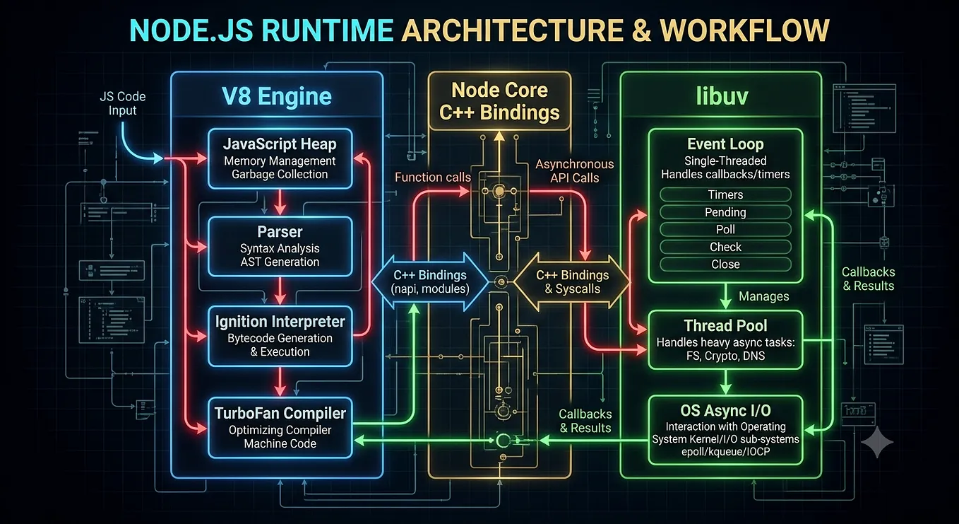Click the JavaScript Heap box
tap(280, 158)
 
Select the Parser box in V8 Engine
tap(280, 247)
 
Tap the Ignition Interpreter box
tap(280, 336)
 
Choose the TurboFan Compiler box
tap(280, 428)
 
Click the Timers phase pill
tap(725, 194)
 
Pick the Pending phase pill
tap(725, 212)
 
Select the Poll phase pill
tap(725, 229)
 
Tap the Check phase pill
tap(725, 247)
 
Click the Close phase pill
tap(725, 264)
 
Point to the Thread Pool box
tap(725, 340)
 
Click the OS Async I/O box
tap(725, 430)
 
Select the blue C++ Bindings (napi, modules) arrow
tap(430, 281)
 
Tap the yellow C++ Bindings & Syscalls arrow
tap(572, 281)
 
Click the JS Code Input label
tap(122, 103)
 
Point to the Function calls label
tap(432, 177)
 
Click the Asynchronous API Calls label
tap(575, 170)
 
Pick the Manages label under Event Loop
tap(764, 296)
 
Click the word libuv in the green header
tap(722, 95)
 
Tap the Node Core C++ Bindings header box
tap(499, 100)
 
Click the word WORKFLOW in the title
tap(744, 30)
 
